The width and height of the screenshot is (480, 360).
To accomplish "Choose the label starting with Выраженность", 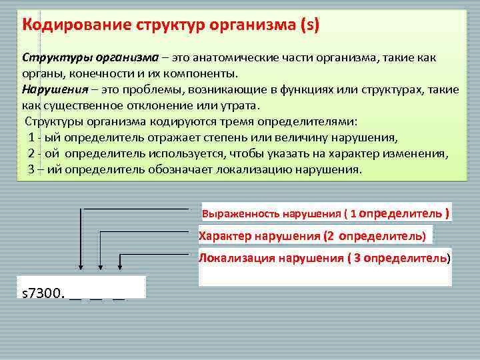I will coord(325,214).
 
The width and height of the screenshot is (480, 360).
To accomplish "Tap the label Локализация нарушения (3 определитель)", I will coord(324,257).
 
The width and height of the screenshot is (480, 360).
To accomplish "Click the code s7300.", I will coord(43,293).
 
